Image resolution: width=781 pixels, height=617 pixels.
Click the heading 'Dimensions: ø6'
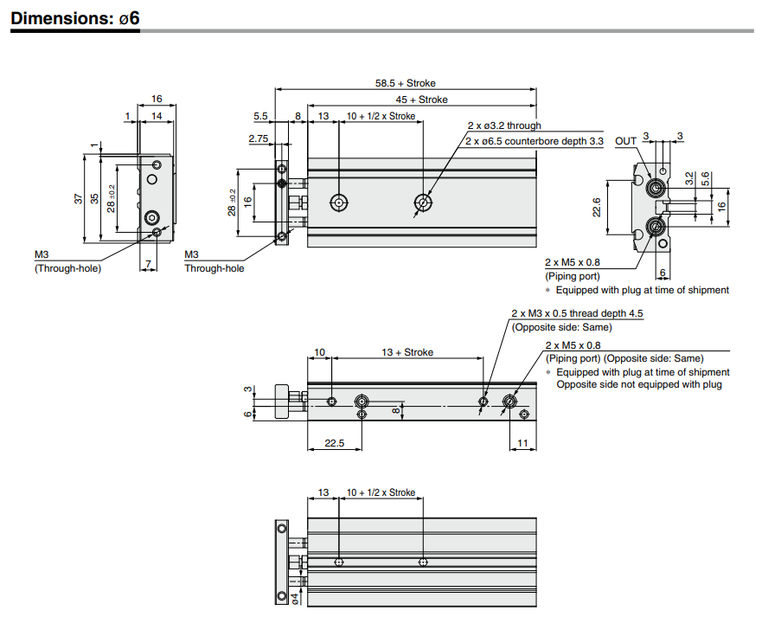click(75, 17)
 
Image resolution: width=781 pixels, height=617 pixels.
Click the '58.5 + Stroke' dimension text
click(405, 84)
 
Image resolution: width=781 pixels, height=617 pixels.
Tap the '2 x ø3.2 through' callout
click(504, 126)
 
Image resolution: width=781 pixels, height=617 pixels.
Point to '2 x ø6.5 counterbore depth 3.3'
click(534, 141)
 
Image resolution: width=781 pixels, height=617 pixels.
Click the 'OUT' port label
click(625, 141)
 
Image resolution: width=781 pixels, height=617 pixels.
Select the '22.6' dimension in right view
click(596, 208)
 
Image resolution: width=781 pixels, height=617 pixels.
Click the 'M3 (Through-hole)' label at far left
click(67, 261)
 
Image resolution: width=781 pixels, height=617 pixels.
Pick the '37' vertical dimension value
click(79, 198)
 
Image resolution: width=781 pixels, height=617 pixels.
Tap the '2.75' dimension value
click(258, 138)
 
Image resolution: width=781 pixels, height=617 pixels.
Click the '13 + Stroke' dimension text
click(407, 352)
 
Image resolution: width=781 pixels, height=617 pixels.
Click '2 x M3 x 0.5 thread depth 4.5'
click(577, 313)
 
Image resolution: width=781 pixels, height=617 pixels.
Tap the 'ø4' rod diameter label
click(295, 597)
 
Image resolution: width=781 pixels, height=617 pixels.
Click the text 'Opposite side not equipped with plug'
click(638, 384)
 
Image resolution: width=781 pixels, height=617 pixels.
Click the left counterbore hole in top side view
click(339, 203)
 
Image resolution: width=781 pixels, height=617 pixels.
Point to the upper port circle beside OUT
click(656, 188)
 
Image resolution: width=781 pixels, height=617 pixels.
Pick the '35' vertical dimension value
click(95, 198)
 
